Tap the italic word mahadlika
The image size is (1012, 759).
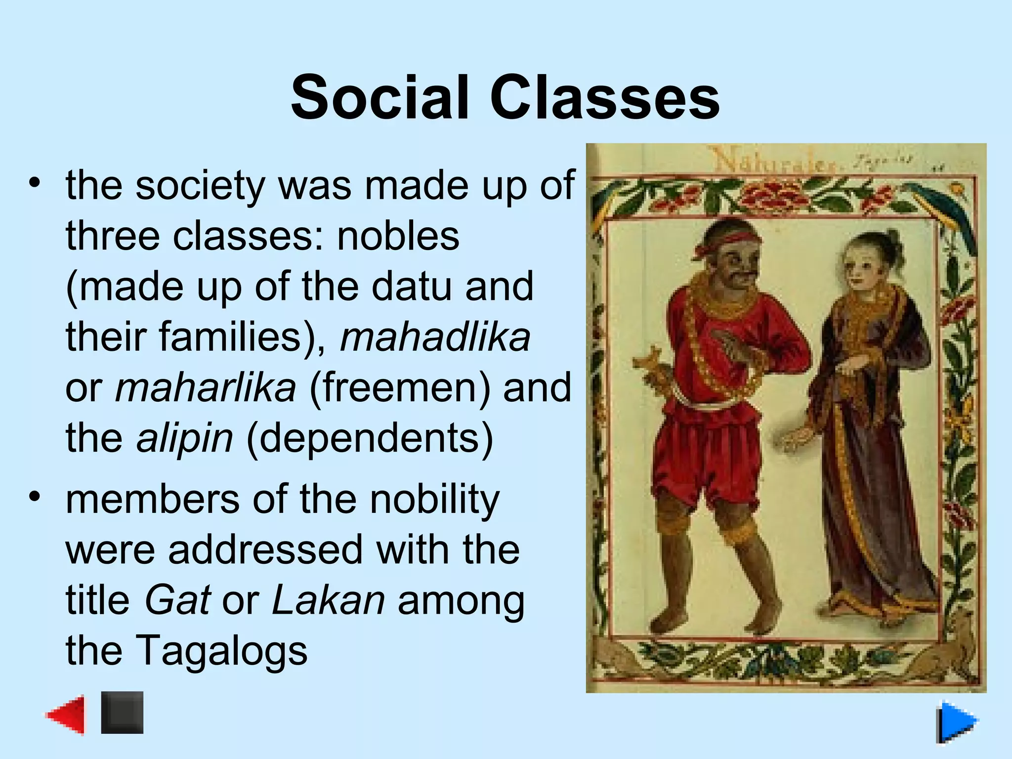[x=435, y=337]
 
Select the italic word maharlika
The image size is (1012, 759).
[x=206, y=387]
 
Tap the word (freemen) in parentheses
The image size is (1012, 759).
[x=400, y=387]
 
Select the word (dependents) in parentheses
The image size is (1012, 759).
[x=369, y=438]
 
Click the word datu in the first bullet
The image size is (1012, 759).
[x=412, y=287]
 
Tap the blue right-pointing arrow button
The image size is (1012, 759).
[x=957, y=722]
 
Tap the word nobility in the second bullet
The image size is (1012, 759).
[x=435, y=499]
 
